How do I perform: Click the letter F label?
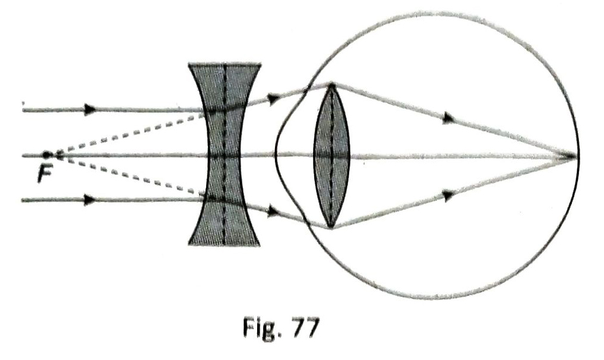click(x=45, y=174)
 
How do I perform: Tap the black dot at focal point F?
click(x=46, y=155)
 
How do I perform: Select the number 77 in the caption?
click(x=306, y=328)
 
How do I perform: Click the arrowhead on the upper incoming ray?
click(x=90, y=109)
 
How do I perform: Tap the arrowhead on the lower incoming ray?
click(x=90, y=200)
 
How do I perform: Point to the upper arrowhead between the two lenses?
click(x=274, y=99)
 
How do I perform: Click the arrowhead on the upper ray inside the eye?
click(x=448, y=118)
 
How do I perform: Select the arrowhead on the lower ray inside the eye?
click(x=448, y=195)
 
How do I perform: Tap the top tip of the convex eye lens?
click(x=331, y=84)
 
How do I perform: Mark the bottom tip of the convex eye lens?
click(x=331, y=228)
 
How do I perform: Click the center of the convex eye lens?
click(x=331, y=156)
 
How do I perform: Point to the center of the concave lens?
click(x=224, y=155)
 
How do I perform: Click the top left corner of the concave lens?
click(x=188, y=64)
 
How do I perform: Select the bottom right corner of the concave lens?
click(x=260, y=245)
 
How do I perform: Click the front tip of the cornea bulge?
click(x=276, y=156)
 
